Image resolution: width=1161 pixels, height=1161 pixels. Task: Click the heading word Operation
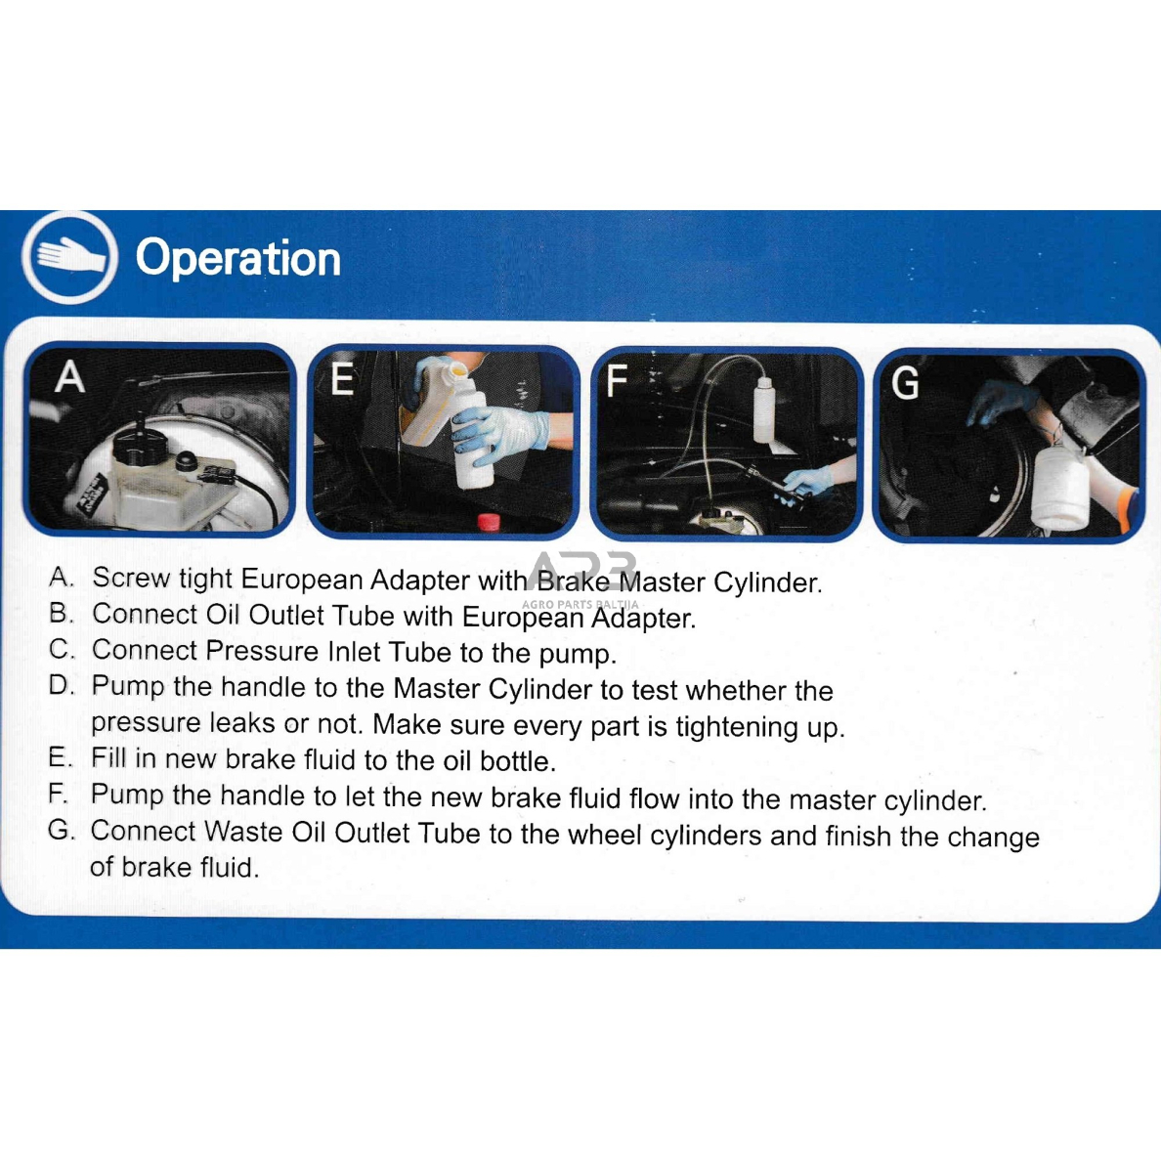pos(238,259)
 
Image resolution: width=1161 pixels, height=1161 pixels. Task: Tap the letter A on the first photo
pos(69,376)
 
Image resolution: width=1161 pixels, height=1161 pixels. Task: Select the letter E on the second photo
pos(342,379)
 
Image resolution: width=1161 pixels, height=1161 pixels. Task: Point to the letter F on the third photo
pos(616,380)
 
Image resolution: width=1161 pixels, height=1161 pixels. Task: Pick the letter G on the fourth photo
pos(905,383)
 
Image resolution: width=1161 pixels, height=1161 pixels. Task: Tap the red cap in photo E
pos(488,523)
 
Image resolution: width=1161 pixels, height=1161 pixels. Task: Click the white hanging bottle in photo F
pos(764,409)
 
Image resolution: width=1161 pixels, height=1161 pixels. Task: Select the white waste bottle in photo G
pos(1060,484)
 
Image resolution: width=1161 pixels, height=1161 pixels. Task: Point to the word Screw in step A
pos(131,578)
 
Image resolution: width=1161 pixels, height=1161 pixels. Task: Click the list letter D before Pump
pos(62,685)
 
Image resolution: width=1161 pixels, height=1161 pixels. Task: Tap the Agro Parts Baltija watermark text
pos(580,604)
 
